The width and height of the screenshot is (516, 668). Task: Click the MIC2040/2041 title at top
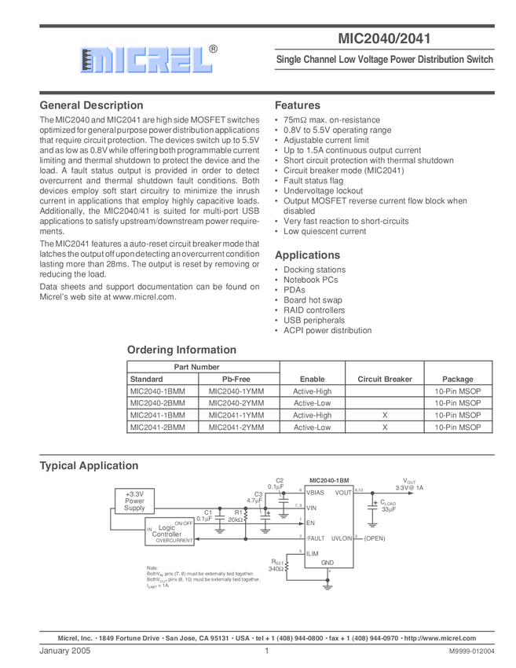tap(384, 38)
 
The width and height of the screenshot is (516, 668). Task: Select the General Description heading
tap(91, 105)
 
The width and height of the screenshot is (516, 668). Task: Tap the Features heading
tap(297, 105)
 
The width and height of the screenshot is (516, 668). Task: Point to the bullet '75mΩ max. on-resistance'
tap(331, 120)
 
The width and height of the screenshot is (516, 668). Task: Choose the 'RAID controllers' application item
tap(314, 310)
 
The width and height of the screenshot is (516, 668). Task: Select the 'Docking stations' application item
tap(314, 270)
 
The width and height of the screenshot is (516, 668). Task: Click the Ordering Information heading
tap(181, 350)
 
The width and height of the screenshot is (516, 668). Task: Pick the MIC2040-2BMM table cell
tap(157, 403)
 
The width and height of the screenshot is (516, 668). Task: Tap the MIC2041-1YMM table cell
tap(236, 415)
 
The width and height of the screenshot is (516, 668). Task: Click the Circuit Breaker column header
tap(385, 379)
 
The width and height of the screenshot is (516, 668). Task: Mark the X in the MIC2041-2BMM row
tap(385, 428)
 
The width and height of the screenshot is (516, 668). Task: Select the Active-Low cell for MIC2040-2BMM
tap(313, 403)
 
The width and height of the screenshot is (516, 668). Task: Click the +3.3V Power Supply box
tap(135, 501)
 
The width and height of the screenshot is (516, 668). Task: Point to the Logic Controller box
tap(167, 532)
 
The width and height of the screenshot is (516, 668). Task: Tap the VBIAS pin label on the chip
tap(316, 492)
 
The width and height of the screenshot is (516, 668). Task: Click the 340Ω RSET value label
tap(276, 569)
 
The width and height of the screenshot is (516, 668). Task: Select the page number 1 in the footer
tap(267, 651)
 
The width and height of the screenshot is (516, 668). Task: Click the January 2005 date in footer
tap(65, 651)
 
